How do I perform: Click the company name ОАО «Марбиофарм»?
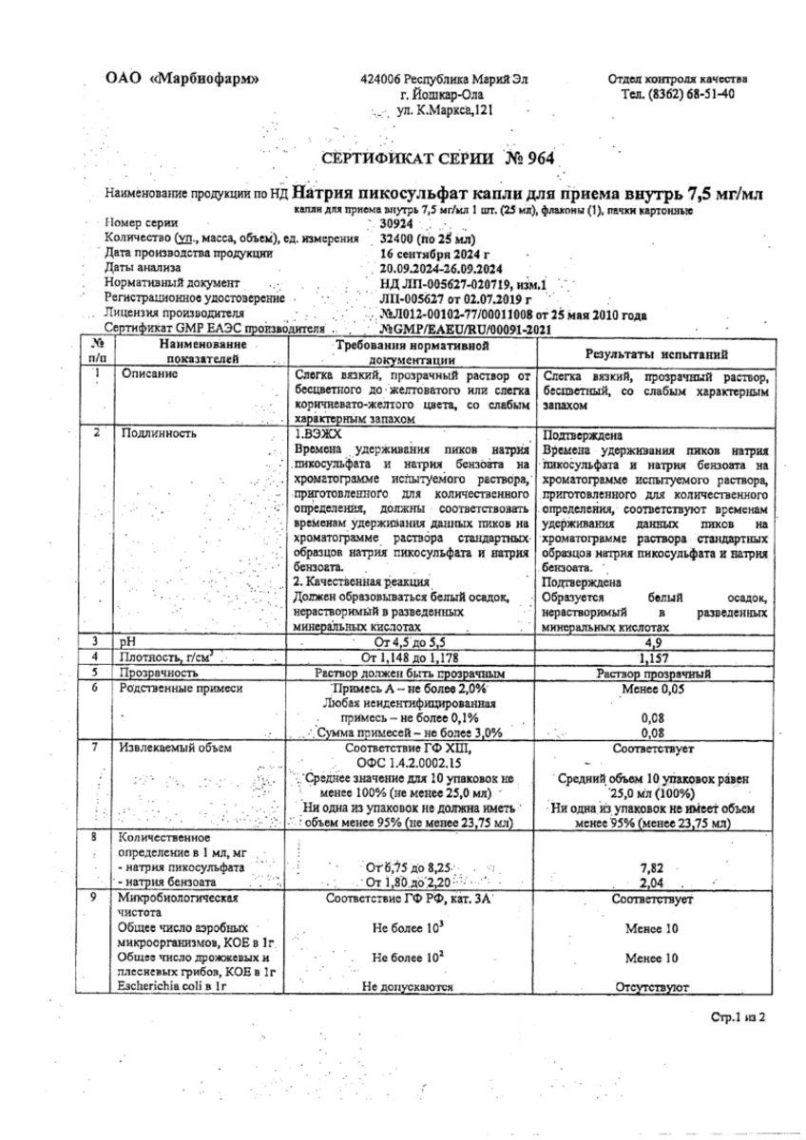(x=181, y=79)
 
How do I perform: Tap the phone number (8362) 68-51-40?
(x=677, y=94)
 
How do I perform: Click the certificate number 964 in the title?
(x=536, y=159)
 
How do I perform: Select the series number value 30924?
(x=397, y=225)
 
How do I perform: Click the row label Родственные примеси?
(x=179, y=686)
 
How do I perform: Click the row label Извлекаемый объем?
(x=173, y=747)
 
